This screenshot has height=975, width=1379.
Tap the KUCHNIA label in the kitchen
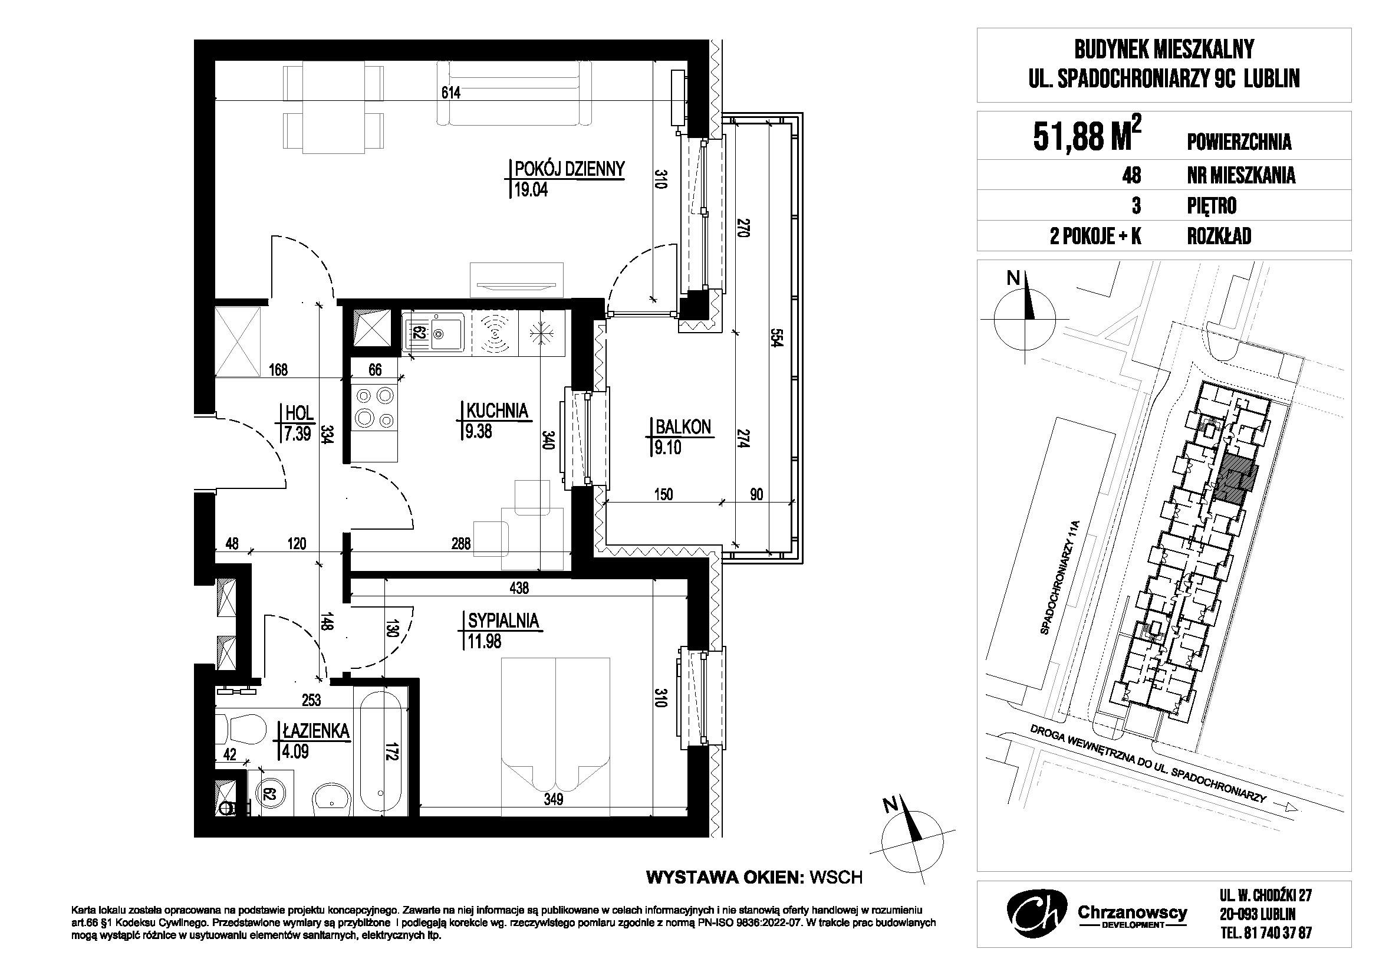point(498,411)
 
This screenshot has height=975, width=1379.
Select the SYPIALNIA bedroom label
point(503,621)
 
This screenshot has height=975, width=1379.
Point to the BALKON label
point(683,427)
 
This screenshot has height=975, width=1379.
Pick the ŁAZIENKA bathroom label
point(315,731)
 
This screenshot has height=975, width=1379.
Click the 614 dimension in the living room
point(450,93)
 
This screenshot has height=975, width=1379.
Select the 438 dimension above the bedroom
point(519,588)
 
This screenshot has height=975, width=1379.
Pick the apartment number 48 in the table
point(1131,175)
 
